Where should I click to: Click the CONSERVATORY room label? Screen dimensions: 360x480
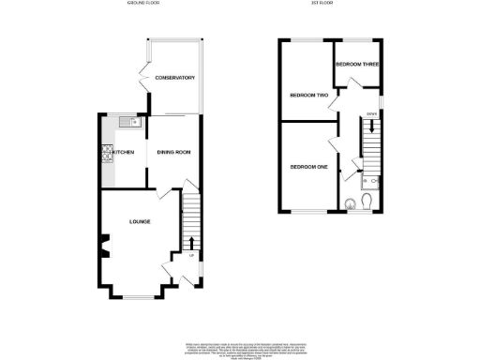click(x=174, y=77)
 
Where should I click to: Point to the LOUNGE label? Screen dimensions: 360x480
click(x=142, y=221)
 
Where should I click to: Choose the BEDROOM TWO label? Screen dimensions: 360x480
click(x=308, y=96)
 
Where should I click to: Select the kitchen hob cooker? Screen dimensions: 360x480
click(x=105, y=152)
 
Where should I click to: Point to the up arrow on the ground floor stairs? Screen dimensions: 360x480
click(x=192, y=243)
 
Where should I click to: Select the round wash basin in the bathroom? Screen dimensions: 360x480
click(x=351, y=201)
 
